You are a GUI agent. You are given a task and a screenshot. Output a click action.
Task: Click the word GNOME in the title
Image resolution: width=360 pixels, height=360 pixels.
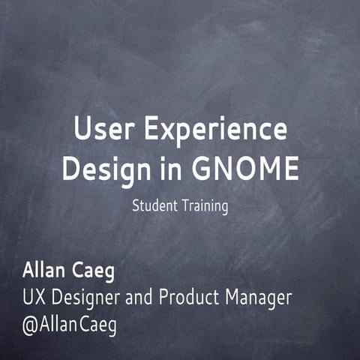click(x=244, y=169)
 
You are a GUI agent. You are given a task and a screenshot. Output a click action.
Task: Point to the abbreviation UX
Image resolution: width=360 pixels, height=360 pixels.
click(x=34, y=298)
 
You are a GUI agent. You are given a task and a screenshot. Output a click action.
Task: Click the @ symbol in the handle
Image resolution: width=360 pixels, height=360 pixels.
click(x=31, y=327)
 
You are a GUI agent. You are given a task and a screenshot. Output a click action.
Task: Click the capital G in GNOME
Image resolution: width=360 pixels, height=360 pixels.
click(x=204, y=169)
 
